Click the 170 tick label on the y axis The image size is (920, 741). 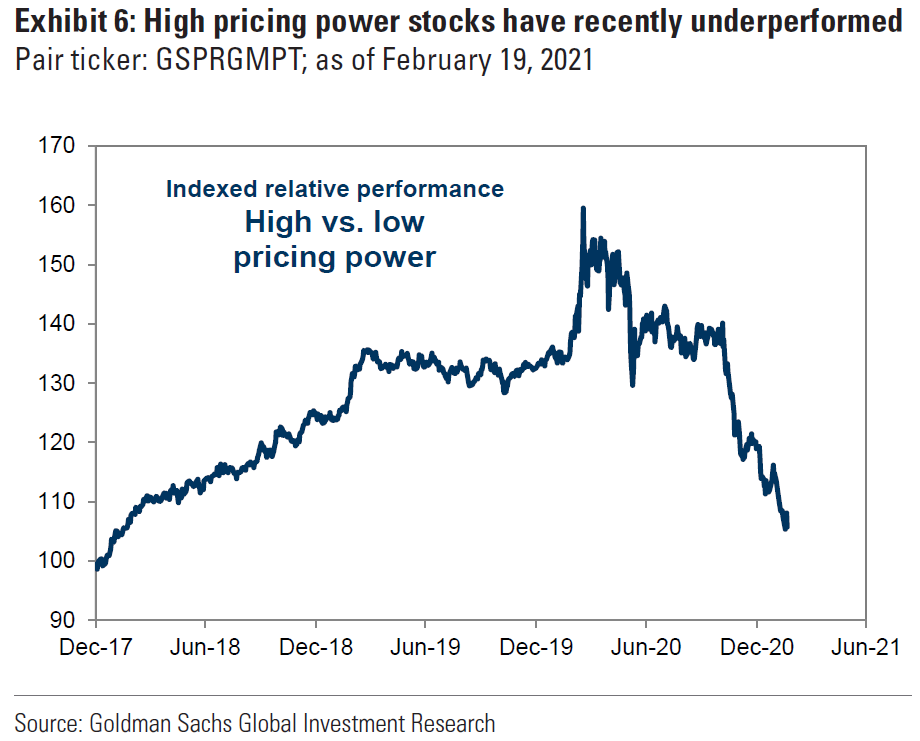coord(57,146)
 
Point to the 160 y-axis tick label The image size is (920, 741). coord(57,205)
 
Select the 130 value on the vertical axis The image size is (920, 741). coord(57,383)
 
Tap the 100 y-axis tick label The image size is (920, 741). coord(57,561)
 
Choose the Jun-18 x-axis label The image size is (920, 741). coord(205,647)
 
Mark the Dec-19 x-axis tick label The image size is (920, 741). coord(535,647)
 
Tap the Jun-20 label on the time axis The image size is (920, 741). coord(645,647)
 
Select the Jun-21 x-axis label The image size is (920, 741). coord(865,647)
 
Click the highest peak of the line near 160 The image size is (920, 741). coord(583,208)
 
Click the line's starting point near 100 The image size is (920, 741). coord(97,566)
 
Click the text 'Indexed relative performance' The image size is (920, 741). coord(334,188)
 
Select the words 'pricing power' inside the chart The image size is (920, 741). coord(334,257)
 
